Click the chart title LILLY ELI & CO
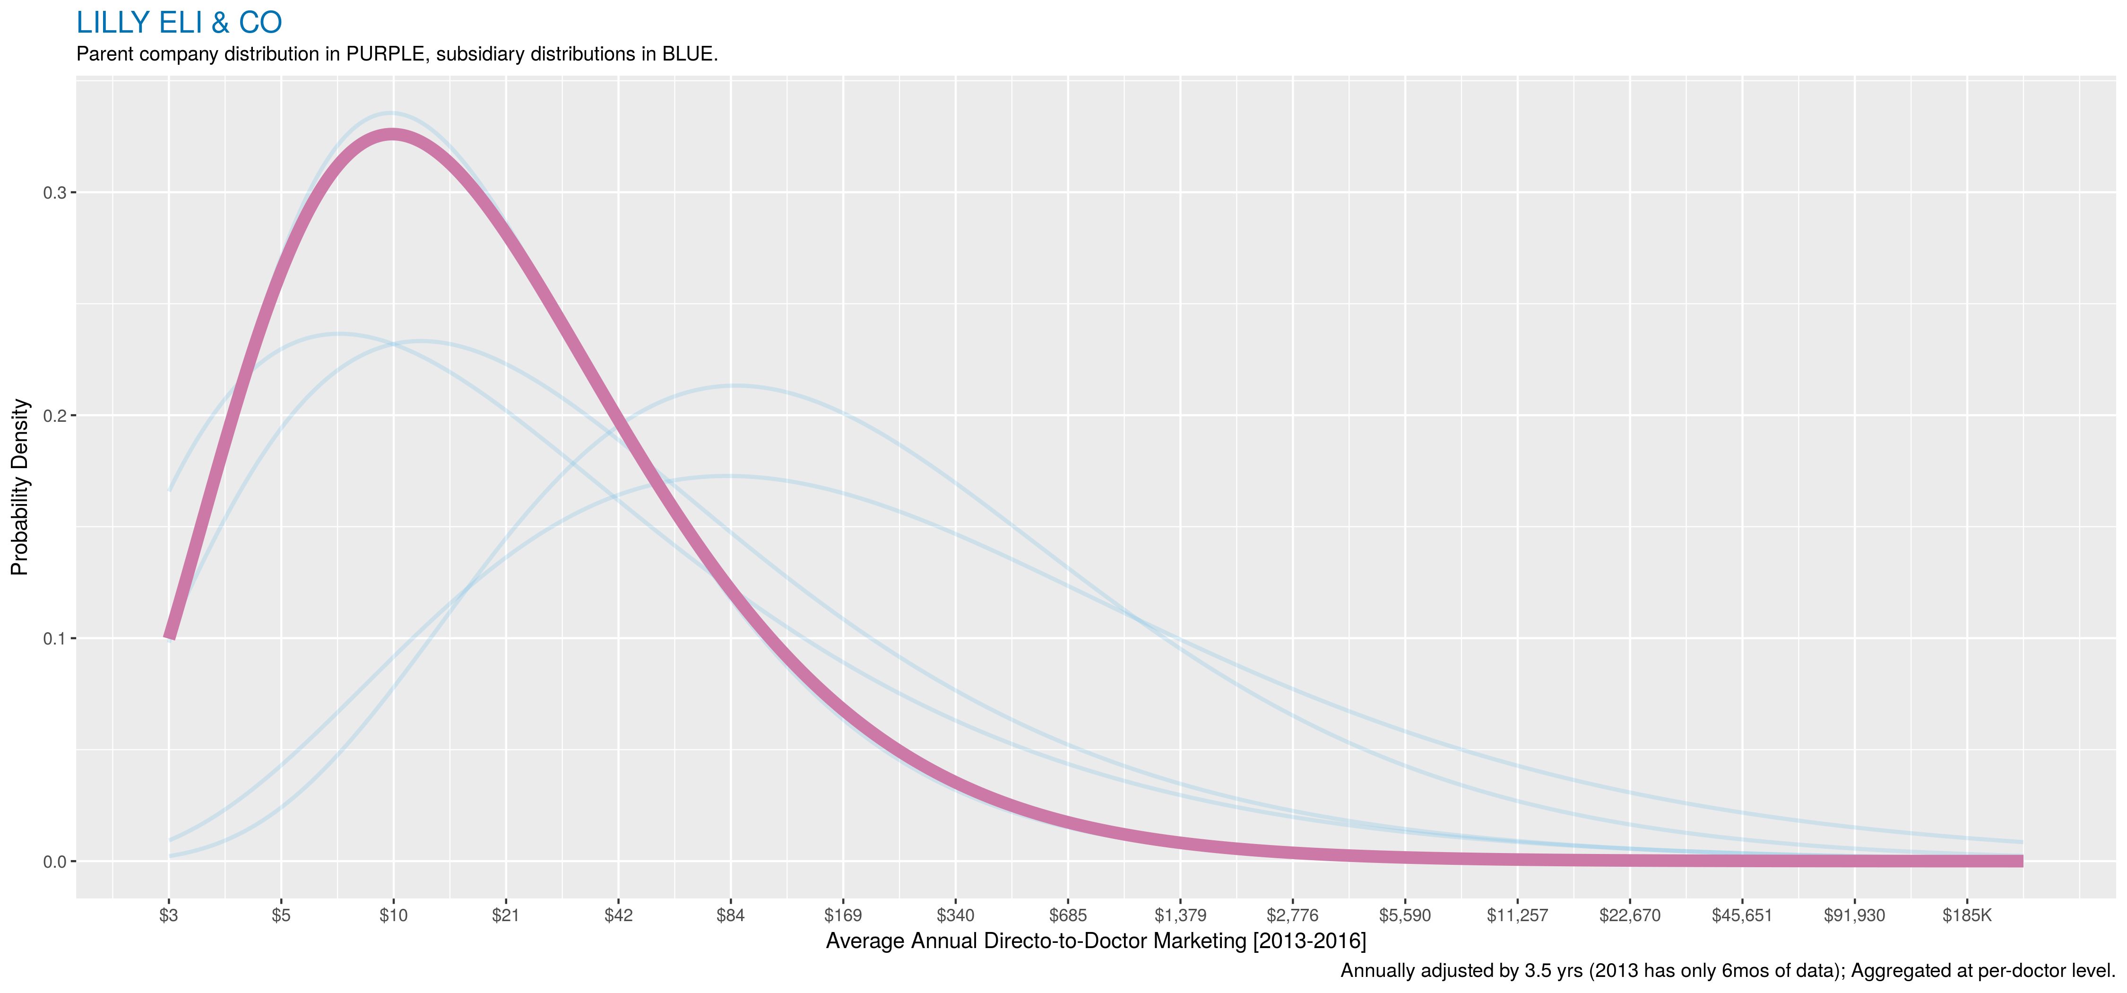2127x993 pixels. (179, 23)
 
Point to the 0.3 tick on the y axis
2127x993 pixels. (54, 192)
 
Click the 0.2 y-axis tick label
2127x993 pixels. (54, 416)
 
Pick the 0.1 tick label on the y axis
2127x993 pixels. (54, 638)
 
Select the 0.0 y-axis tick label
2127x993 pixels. (54, 862)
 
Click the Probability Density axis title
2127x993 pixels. (20, 488)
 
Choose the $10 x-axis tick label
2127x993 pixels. (393, 915)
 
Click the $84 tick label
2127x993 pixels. (731, 915)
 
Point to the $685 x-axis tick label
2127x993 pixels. (1068, 915)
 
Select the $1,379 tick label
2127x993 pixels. (1180, 915)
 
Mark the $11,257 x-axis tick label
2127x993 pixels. (1518, 915)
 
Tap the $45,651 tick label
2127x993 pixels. (1742, 915)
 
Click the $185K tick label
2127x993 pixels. (1967, 915)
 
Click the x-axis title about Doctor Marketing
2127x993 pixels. (1096, 941)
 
